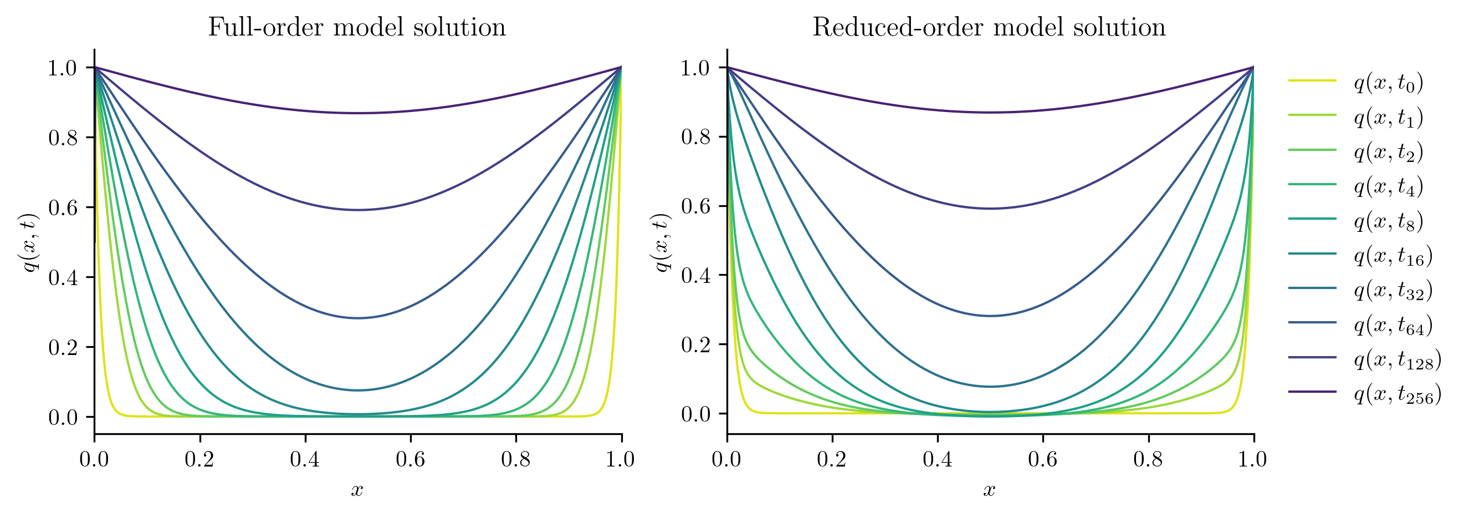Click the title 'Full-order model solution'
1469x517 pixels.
[x=356, y=27]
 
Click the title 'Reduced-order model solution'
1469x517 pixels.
[x=989, y=27]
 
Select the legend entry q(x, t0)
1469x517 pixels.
[x=1389, y=83]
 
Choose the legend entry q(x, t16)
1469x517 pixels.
[x=1393, y=256]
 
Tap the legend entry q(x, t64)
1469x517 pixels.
[x=1393, y=325]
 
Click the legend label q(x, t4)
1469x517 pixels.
[x=1389, y=186]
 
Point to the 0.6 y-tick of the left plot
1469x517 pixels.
[x=63, y=207]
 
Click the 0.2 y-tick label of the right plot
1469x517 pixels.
[x=696, y=344]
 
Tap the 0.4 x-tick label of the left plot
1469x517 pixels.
[x=305, y=459]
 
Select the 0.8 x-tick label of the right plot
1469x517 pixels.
[x=1148, y=459]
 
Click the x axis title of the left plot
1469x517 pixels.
[x=357, y=490]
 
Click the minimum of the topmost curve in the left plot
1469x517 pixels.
[x=357, y=113]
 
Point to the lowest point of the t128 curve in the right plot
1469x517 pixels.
[x=991, y=208]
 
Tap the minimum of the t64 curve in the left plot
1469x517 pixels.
[x=357, y=318]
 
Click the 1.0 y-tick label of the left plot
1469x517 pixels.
[x=63, y=68]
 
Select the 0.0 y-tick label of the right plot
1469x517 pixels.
[x=696, y=414]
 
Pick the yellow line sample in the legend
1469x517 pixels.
[x=1312, y=81]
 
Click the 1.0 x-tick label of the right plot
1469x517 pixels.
[x=1252, y=459]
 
